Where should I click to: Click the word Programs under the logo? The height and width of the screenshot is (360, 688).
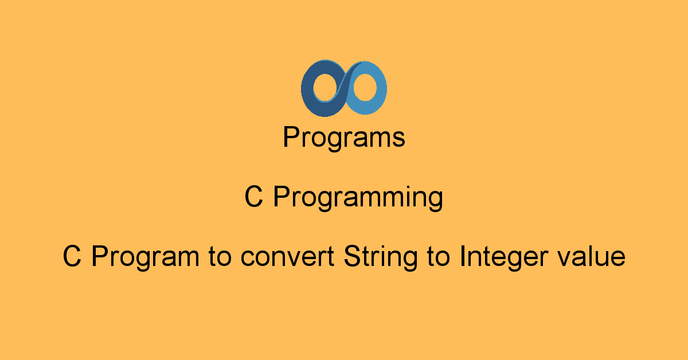click(344, 138)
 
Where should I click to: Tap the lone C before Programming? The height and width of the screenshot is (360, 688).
click(253, 197)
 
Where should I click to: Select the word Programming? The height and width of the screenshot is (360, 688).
click(358, 198)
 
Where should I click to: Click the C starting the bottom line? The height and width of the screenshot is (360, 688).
click(72, 256)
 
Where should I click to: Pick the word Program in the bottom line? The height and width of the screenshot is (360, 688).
click(146, 258)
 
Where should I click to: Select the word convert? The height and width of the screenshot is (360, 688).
click(287, 256)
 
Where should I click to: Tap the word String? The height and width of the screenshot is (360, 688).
click(381, 258)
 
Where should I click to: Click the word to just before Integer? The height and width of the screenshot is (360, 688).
click(439, 256)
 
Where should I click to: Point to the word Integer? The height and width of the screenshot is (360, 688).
click(504, 258)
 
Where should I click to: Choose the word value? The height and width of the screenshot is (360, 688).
click(592, 256)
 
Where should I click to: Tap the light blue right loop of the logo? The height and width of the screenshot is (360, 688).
click(381, 89)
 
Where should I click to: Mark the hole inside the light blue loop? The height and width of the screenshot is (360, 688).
click(365, 87)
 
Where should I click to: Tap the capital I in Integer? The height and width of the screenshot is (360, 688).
click(462, 256)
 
